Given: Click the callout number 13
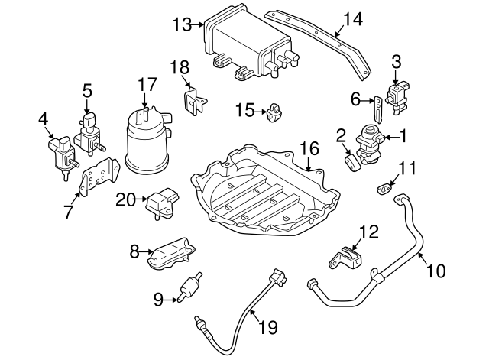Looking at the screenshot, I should tap(182, 24).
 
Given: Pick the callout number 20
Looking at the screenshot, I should tap(125, 200).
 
